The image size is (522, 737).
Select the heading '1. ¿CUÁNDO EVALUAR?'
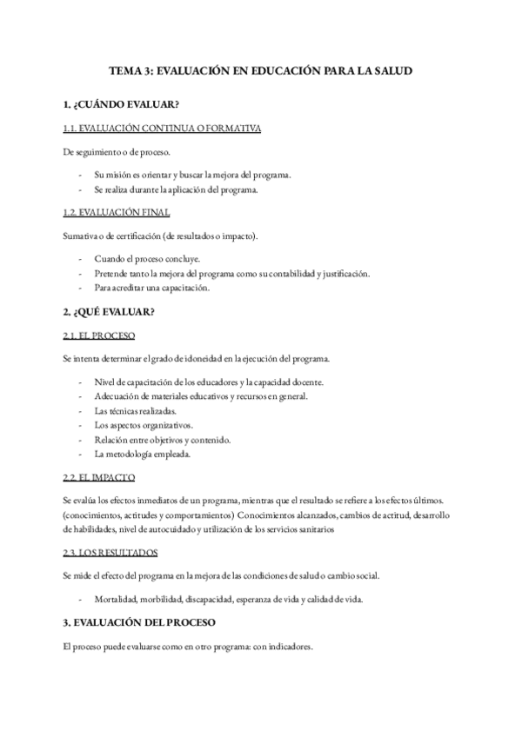point(122,105)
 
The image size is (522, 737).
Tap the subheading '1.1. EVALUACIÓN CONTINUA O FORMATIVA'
point(163,129)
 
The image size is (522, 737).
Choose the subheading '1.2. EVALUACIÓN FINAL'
point(117,213)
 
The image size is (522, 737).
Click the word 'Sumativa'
point(81,236)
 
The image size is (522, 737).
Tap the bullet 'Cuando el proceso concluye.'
point(147,259)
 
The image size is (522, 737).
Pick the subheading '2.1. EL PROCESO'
point(99,335)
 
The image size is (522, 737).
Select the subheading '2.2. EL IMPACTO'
point(98,477)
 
